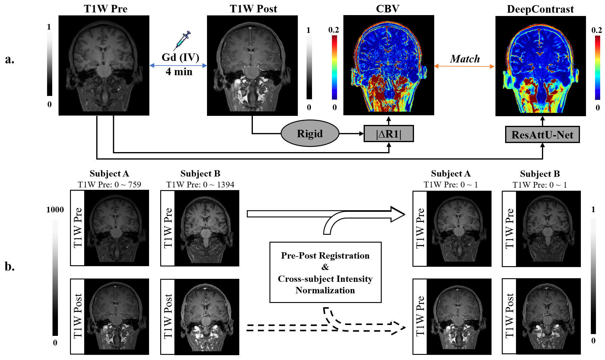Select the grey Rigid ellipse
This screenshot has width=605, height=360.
(310, 133)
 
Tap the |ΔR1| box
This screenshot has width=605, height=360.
(389, 134)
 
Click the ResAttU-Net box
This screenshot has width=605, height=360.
(542, 135)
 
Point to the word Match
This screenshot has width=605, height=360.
(465, 59)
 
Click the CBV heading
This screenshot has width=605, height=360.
(387, 9)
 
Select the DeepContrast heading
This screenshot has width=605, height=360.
(540, 9)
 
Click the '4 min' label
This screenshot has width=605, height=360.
(179, 72)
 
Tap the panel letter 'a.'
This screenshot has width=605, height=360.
(10, 59)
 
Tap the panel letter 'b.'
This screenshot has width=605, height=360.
(10, 267)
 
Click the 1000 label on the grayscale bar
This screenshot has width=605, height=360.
(55, 210)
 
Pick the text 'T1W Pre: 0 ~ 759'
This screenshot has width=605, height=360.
(109, 185)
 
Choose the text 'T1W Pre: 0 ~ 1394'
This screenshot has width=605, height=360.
(200, 185)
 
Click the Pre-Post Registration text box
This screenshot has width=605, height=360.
(325, 272)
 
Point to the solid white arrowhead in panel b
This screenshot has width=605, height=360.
(397, 214)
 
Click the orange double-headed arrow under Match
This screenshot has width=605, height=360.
(464, 66)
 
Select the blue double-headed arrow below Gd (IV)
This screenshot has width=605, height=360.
(178, 65)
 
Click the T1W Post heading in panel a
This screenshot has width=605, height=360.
(253, 9)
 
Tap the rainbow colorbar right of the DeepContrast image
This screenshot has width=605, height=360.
(597, 68)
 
